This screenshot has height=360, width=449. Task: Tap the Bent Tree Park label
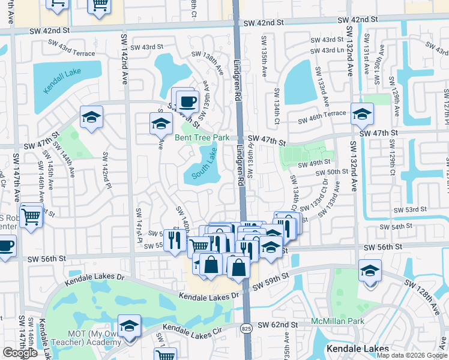click(202, 137)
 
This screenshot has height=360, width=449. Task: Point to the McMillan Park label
click(337, 321)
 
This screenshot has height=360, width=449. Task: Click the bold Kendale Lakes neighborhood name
click(358, 348)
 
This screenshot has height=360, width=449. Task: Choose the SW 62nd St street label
click(278, 325)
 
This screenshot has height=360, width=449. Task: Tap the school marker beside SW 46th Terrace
click(362, 113)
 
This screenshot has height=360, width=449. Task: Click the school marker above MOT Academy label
click(129, 326)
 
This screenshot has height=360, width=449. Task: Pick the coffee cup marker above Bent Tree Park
click(187, 101)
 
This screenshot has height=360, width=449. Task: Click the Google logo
click(20, 353)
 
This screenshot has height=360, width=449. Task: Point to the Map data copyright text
click(411, 355)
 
